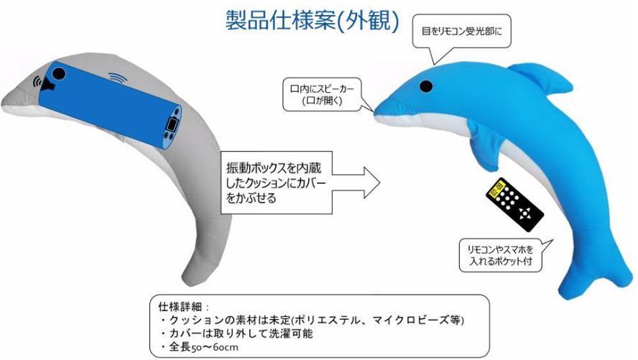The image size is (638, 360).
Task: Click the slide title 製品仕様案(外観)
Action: tap(312, 20)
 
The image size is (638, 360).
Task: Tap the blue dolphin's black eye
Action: tap(426, 86)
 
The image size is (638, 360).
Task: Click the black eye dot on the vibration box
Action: tap(59, 73)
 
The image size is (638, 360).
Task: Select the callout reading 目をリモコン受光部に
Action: tap(461, 31)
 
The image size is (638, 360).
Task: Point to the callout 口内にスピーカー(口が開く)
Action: tap(322, 94)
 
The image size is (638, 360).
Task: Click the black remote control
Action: tap(514, 205)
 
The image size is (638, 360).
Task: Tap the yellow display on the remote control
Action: tap(496, 190)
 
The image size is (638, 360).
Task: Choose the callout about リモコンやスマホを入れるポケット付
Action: tap(501, 256)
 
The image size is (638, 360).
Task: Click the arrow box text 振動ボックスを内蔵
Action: tap(274, 168)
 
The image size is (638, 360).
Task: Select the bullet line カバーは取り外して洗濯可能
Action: tap(237, 333)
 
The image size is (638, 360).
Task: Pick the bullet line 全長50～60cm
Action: tap(199, 347)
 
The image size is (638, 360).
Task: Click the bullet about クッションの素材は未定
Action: tap(312, 320)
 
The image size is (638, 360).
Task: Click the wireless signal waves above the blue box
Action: tap(118, 77)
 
